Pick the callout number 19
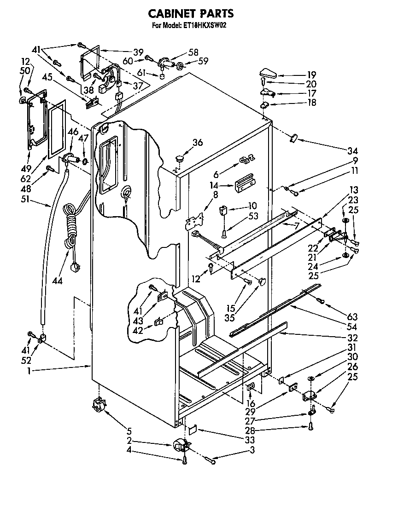coord(312,74)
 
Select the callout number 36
coord(197,143)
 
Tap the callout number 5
coord(129,431)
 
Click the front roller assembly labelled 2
coord(181,446)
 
